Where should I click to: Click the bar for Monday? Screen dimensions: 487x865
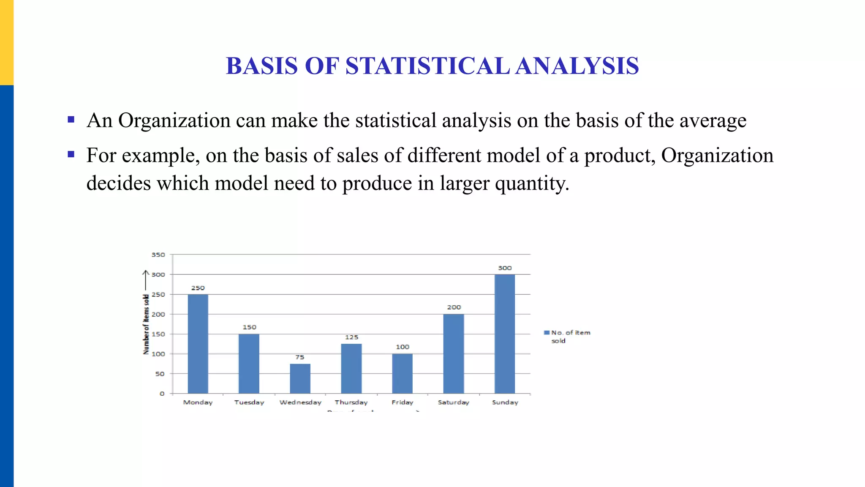(198, 344)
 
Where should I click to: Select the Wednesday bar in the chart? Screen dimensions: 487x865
(300, 378)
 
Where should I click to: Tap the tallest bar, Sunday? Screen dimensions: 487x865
(505, 334)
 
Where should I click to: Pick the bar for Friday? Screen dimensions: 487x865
(402, 373)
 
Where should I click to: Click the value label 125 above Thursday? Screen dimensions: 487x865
(351, 337)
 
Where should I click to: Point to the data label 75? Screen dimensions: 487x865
(300, 357)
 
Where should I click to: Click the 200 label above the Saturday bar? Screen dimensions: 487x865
(454, 307)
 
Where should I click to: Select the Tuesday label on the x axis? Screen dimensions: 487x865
(249, 402)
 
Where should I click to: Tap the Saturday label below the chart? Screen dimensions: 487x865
(454, 402)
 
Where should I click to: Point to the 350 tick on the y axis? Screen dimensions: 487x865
(158, 255)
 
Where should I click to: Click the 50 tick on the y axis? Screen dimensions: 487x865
(160, 374)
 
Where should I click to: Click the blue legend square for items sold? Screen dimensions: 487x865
(547, 333)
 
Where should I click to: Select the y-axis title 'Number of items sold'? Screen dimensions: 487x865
(146, 324)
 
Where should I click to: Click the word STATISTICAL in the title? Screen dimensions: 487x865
(427, 66)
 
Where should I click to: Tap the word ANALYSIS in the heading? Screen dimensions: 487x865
(577, 66)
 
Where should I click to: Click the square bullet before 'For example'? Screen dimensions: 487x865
(71, 154)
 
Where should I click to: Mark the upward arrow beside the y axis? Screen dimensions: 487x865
(146, 280)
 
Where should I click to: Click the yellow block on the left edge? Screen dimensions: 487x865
(7, 42)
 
